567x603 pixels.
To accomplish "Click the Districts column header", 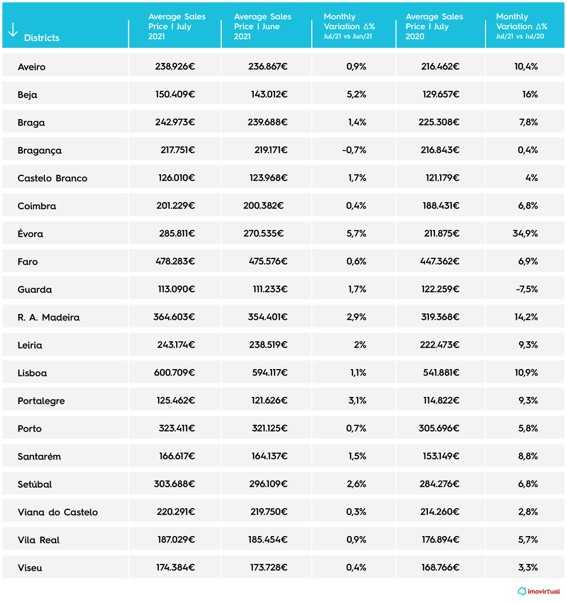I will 41,38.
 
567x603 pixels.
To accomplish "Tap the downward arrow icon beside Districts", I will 13,30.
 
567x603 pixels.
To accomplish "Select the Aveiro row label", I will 32,67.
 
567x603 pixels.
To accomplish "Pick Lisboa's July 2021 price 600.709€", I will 174,373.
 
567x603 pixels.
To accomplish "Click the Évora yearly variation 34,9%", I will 525,233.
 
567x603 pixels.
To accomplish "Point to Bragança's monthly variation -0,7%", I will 354,150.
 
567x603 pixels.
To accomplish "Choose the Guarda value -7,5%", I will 527,289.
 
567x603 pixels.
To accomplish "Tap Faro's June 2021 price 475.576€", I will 268,261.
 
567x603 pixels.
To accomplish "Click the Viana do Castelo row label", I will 58,512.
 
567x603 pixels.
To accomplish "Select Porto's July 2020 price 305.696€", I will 439,428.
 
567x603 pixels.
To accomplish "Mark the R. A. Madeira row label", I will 49,317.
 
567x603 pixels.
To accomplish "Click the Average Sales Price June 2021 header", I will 263,26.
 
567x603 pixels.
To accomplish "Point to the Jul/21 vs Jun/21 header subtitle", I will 348,37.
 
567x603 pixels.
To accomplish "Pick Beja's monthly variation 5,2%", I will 356,94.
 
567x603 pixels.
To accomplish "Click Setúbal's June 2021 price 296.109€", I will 268,484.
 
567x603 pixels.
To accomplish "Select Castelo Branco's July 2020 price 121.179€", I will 442,178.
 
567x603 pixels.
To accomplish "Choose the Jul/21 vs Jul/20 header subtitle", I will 520,37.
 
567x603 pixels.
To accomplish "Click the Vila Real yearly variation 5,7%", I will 528,540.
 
